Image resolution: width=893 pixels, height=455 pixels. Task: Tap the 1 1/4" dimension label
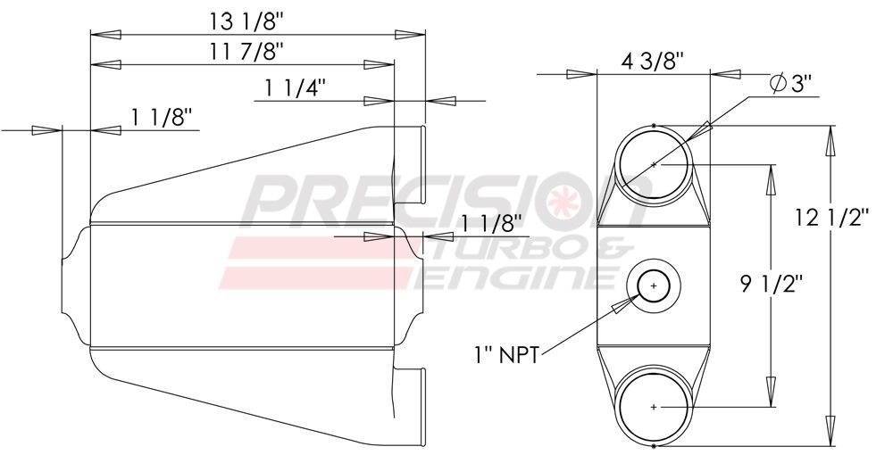296,87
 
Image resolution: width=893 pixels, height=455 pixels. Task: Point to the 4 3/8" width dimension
653,62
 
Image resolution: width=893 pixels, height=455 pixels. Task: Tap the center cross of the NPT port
654,286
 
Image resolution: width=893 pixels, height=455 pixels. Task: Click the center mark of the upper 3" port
654,164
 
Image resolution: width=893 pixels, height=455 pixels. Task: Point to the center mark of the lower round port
654,407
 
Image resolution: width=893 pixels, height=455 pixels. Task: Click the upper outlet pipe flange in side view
421,170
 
